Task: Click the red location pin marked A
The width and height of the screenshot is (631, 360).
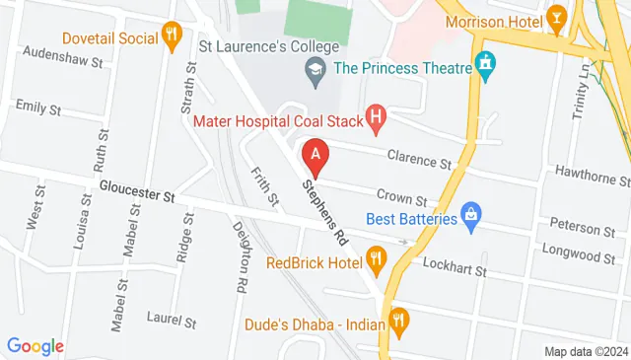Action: click(315, 156)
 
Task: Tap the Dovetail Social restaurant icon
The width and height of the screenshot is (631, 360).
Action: click(172, 36)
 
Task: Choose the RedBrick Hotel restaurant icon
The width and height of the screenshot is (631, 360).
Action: click(376, 262)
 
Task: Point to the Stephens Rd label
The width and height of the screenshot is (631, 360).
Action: click(326, 212)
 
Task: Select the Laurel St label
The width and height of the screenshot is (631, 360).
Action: click(172, 322)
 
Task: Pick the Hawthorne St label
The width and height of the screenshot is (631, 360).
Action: click(591, 173)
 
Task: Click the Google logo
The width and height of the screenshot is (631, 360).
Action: click(35, 346)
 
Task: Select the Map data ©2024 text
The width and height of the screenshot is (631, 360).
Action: click(586, 351)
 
